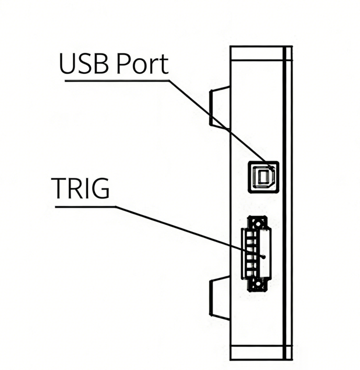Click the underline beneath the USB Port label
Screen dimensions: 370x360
(117, 80)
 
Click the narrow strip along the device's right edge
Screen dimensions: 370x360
(287, 204)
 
